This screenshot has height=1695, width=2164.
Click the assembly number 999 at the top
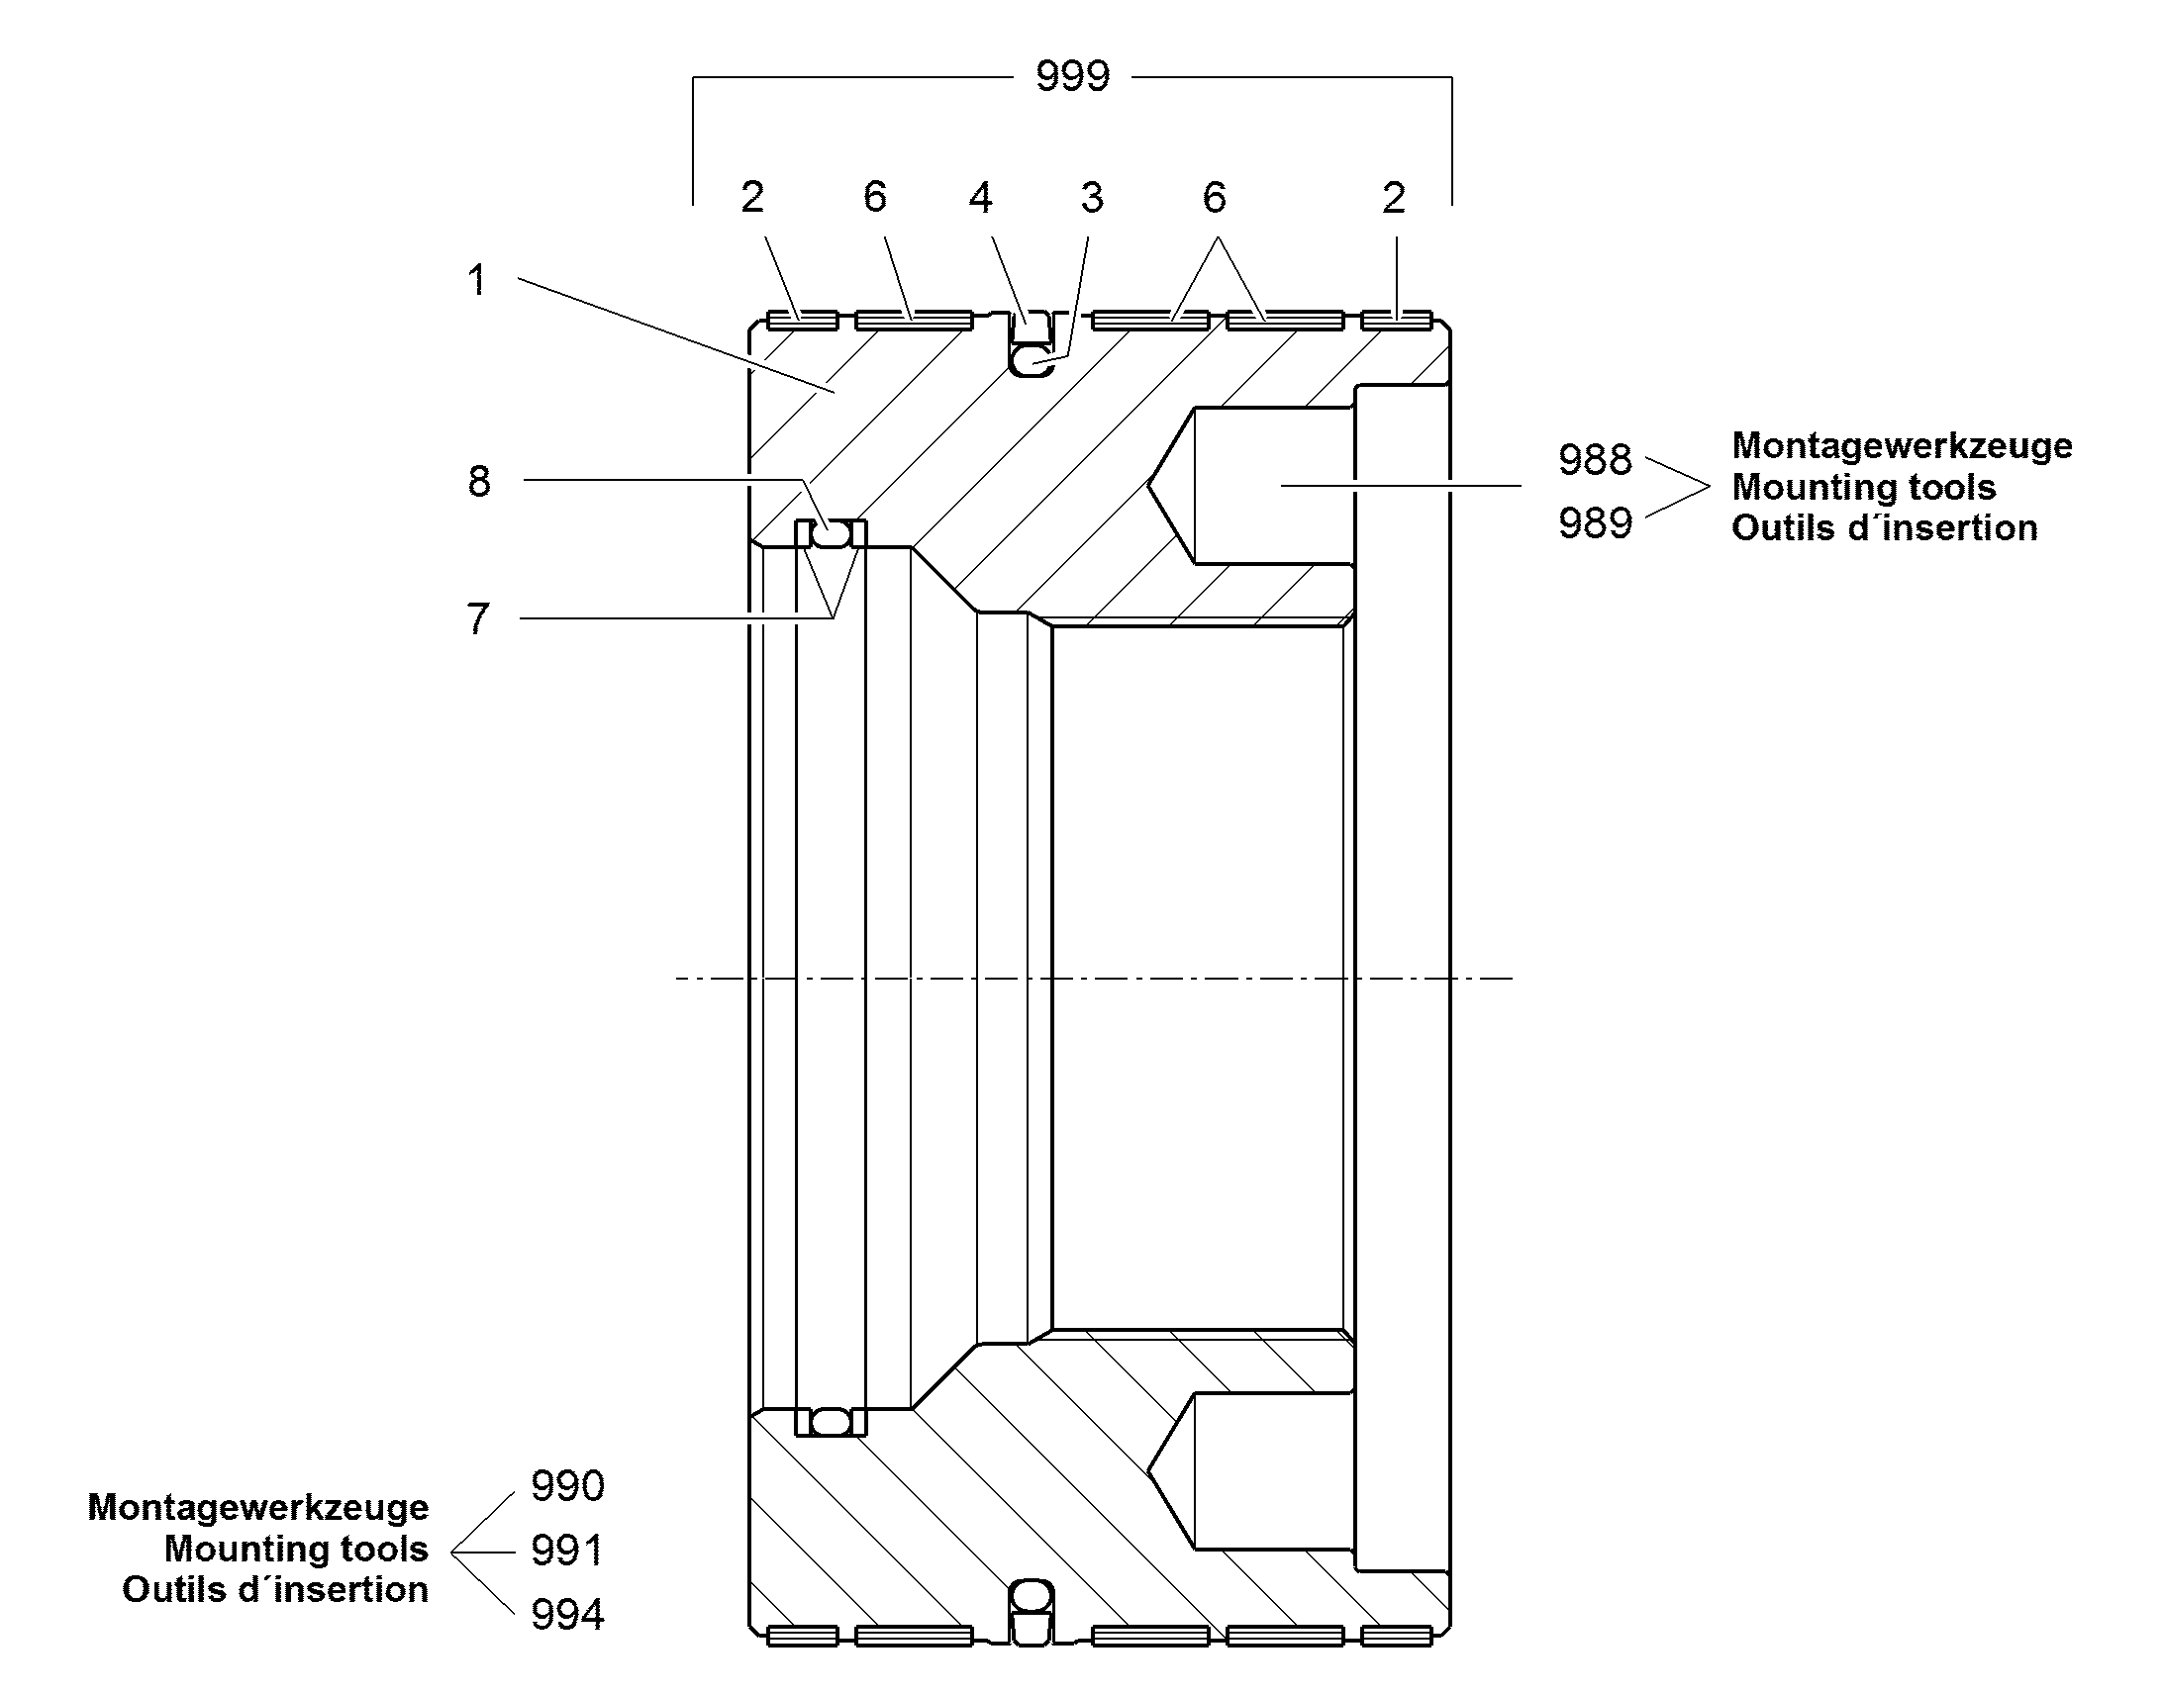(1072, 76)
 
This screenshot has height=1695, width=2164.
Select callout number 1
(477, 280)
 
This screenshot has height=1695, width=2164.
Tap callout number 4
(980, 198)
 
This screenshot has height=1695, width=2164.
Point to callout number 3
(1092, 198)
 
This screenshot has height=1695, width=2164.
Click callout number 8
(479, 481)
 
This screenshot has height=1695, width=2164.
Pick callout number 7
(478, 618)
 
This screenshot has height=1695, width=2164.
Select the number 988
(1595, 459)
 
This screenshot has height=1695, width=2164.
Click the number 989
(1595, 523)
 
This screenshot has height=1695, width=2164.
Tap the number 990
(567, 1485)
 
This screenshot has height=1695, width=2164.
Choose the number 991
(567, 1551)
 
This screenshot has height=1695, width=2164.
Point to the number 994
(567, 1615)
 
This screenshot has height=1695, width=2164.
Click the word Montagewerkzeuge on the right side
(1902, 446)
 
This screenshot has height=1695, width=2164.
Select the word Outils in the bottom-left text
(164, 1589)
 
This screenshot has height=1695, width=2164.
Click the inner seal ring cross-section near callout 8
(831, 537)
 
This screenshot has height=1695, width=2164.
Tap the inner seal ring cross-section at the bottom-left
(831, 1422)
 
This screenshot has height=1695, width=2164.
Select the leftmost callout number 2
(752, 198)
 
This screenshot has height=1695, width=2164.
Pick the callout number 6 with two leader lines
(1214, 198)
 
